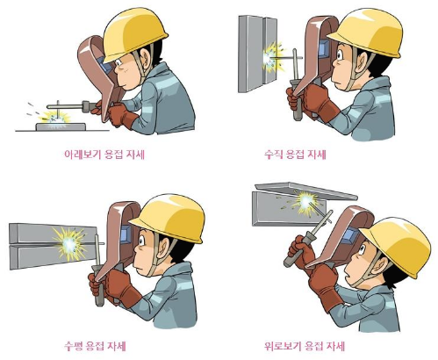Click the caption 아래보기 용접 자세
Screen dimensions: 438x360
coord(104,155)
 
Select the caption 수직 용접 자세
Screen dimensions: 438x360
coord(295,155)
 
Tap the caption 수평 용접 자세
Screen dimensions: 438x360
coord(95,346)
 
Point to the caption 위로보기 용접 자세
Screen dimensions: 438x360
coord(305,346)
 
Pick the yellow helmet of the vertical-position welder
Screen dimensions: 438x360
coord(367,32)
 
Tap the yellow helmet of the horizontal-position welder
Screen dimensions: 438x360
coord(169,217)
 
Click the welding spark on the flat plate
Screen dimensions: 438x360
coord(54,119)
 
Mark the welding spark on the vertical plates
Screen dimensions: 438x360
coord(272,58)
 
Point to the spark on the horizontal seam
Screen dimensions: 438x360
coord(69,243)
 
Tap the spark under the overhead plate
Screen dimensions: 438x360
coord(305,201)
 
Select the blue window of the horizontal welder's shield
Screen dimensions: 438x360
coord(126,234)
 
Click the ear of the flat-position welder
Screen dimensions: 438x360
coord(145,58)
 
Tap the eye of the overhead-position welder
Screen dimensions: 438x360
coord(362,250)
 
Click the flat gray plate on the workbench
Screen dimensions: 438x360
coord(61,126)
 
